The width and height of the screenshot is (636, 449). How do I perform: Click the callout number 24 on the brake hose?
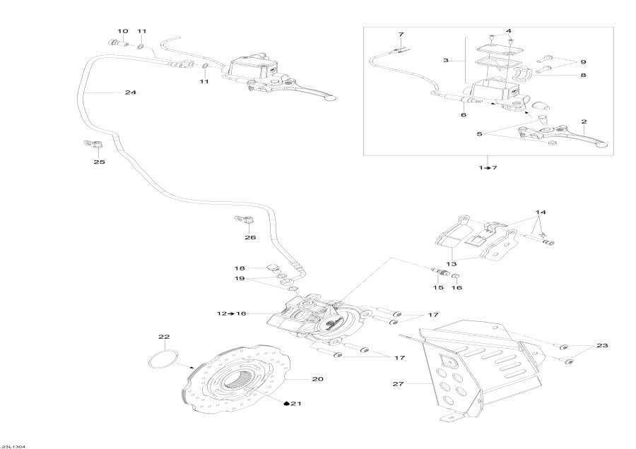(130, 92)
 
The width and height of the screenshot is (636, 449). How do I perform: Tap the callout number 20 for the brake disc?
(317, 379)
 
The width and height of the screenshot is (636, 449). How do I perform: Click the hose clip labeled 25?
(91, 144)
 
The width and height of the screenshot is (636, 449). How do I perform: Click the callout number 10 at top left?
(123, 32)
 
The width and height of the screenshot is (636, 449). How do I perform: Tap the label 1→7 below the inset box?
(488, 167)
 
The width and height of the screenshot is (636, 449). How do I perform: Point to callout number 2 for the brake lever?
(584, 121)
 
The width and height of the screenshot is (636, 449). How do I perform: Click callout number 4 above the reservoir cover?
(507, 31)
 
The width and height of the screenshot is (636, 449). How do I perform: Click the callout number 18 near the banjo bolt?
(240, 269)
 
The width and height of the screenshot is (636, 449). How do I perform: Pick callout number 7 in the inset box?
(401, 35)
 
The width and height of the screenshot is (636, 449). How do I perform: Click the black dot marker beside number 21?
(287, 405)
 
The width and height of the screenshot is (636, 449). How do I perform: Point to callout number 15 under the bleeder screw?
(437, 287)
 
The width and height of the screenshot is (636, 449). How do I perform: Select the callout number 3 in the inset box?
(446, 61)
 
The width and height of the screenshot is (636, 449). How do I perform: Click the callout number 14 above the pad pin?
(541, 212)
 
